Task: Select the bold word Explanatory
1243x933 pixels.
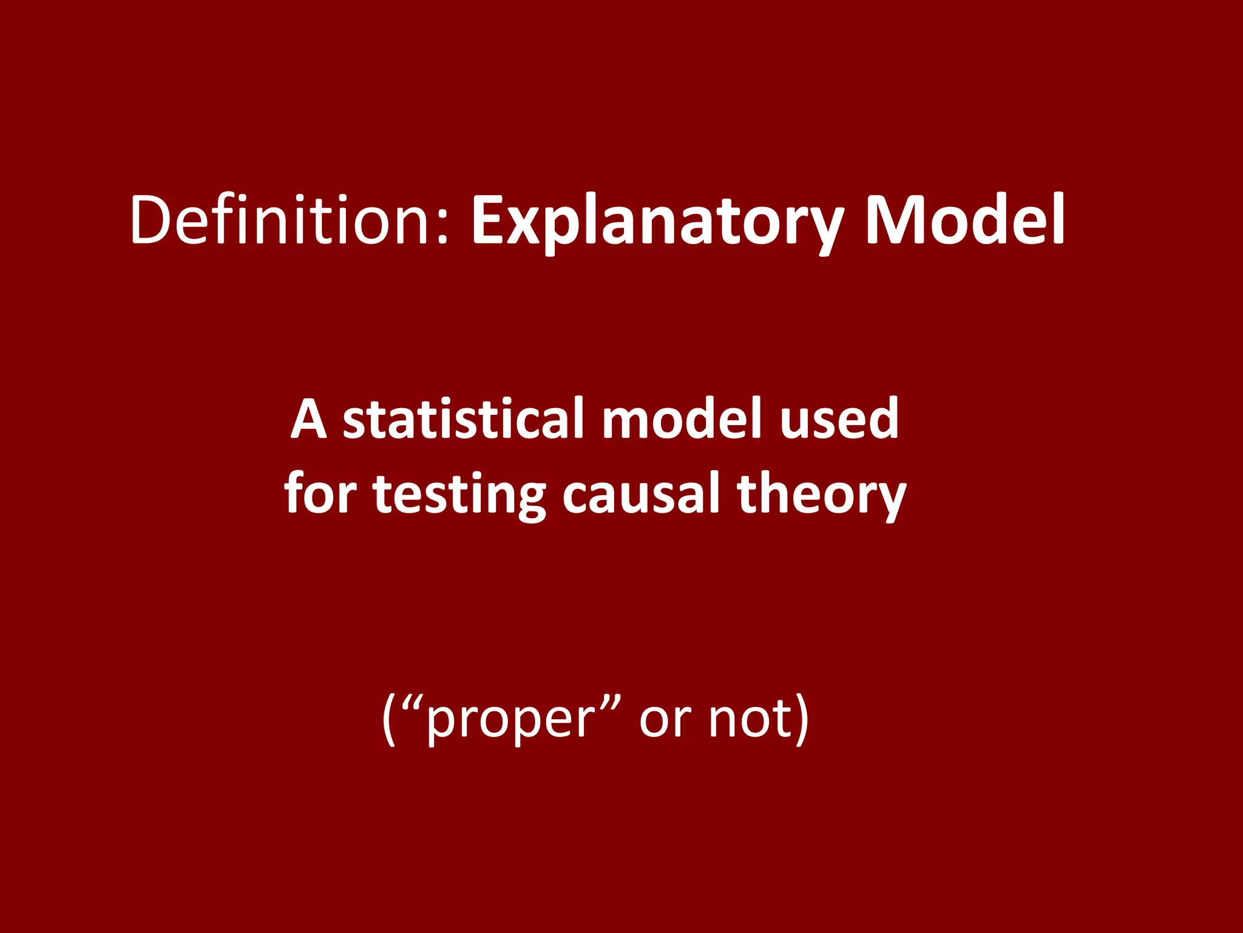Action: pyautogui.click(x=658, y=222)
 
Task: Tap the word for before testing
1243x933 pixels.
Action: pyautogui.click(x=320, y=493)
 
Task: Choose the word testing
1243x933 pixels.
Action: pyautogui.click(x=460, y=496)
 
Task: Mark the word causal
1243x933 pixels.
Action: pyautogui.click(x=641, y=493)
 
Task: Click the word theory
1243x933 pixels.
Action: pyautogui.click(x=822, y=496)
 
